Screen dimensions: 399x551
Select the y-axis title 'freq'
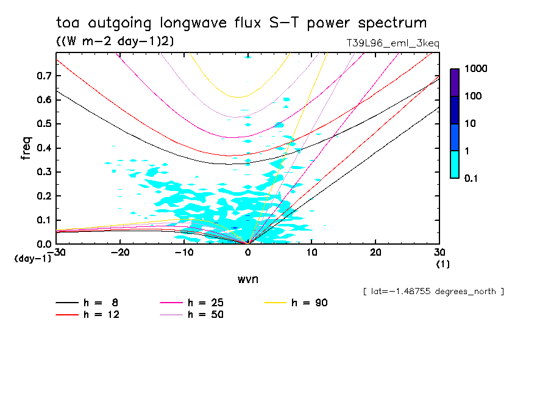click(x=26, y=148)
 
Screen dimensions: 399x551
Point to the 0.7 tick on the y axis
click(x=44, y=76)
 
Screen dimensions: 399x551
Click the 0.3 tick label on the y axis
click(x=44, y=172)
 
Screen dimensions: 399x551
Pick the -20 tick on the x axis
click(x=120, y=253)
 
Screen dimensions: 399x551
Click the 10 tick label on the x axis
click(x=311, y=253)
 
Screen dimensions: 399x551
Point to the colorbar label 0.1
click(x=471, y=178)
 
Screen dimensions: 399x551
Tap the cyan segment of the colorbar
click(x=455, y=164)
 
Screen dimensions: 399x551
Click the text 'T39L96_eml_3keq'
click(x=392, y=44)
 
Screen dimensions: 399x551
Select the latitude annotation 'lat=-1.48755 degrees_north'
click(x=433, y=291)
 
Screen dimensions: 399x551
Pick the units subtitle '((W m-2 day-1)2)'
click(x=115, y=41)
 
